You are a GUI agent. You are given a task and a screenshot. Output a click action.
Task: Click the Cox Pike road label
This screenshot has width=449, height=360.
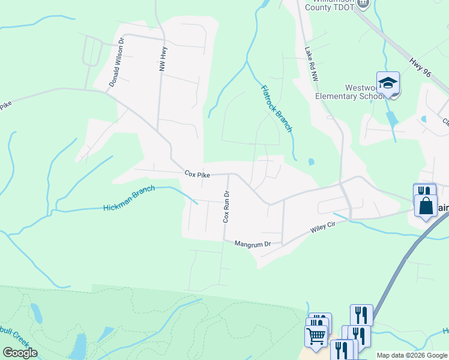pyautogui.click(x=197, y=174)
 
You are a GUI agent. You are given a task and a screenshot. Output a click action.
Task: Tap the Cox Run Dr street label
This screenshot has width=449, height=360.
pyautogui.click(x=226, y=207)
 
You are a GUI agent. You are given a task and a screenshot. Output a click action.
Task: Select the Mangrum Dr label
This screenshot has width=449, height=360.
pyautogui.click(x=253, y=244)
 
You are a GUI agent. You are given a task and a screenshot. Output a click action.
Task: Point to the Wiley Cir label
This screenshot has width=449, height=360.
pyautogui.click(x=322, y=229)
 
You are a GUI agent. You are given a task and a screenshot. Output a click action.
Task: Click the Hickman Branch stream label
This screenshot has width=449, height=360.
pyautogui.click(x=129, y=198)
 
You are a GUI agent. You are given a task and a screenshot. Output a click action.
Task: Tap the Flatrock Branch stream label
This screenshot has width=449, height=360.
pyautogui.click(x=276, y=109)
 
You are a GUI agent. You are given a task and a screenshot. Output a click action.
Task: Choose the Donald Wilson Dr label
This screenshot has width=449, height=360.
pyautogui.click(x=116, y=63)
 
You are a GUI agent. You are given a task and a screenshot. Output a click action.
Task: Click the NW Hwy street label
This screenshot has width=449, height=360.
pyautogui.click(x=162, y=60)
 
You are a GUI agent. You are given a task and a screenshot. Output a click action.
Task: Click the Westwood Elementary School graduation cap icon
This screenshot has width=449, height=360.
pyautogui.click(x=388, y=83)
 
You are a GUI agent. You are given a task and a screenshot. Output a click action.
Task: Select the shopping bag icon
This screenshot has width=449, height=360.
pyautogui.click(x=426, y=206)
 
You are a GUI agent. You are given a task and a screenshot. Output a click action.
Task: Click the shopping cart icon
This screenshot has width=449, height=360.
pyautogui.click(x=316, y=336)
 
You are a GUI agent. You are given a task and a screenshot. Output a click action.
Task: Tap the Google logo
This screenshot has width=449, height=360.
pyautogui.click(x=20, y=353)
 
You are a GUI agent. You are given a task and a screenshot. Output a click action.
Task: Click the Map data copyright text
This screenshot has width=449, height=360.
pyautogui.click(x=412, y=355)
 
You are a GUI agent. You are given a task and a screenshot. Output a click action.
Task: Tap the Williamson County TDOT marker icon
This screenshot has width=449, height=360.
pyautogui.click(x=362, y=3)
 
